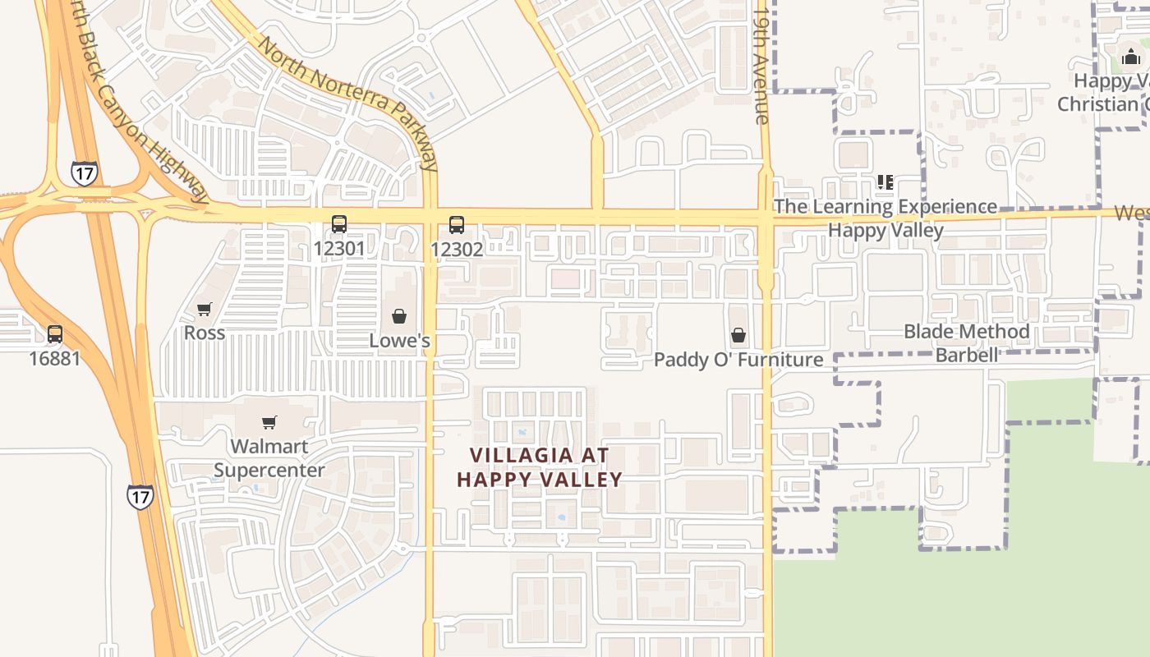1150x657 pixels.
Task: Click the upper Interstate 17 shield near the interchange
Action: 84,173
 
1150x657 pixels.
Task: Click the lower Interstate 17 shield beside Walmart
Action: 140,496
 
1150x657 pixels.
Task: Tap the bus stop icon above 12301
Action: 338,223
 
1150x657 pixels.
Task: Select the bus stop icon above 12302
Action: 457,224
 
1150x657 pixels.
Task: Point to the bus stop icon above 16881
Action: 55,334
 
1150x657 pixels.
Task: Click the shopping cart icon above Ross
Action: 204,309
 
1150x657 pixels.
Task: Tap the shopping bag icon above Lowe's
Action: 399,316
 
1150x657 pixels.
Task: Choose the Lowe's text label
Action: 399,340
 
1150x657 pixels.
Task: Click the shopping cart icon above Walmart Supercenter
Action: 269,422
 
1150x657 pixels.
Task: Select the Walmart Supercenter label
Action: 269,458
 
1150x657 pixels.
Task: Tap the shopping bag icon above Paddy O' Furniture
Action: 738,335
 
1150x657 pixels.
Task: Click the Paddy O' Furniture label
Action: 738,360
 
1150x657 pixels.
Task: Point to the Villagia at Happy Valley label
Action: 540,466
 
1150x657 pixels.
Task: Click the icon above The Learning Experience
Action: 885,181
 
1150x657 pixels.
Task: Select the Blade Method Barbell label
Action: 966,342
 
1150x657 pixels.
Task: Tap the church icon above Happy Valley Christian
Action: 1131,57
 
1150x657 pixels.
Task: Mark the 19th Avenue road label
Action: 761,66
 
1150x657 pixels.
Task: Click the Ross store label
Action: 204,333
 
